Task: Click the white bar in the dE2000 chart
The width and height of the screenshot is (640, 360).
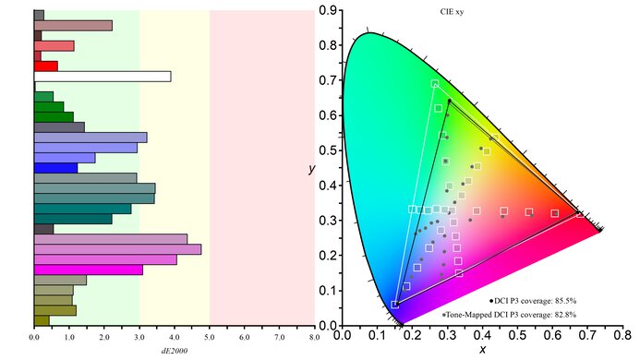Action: click(x=103, y=76)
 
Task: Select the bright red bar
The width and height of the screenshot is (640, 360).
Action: click(x=46, y=66)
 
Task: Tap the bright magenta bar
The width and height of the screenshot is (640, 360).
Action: click(x=89, y=270)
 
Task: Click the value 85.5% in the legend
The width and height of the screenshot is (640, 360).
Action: click(x=591, y=301)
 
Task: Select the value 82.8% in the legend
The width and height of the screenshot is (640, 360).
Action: click(x=591, y=315)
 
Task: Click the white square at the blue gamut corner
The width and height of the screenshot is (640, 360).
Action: click(x=395, y=304)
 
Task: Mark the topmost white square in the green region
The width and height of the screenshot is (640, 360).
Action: click(x=435, y=84)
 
